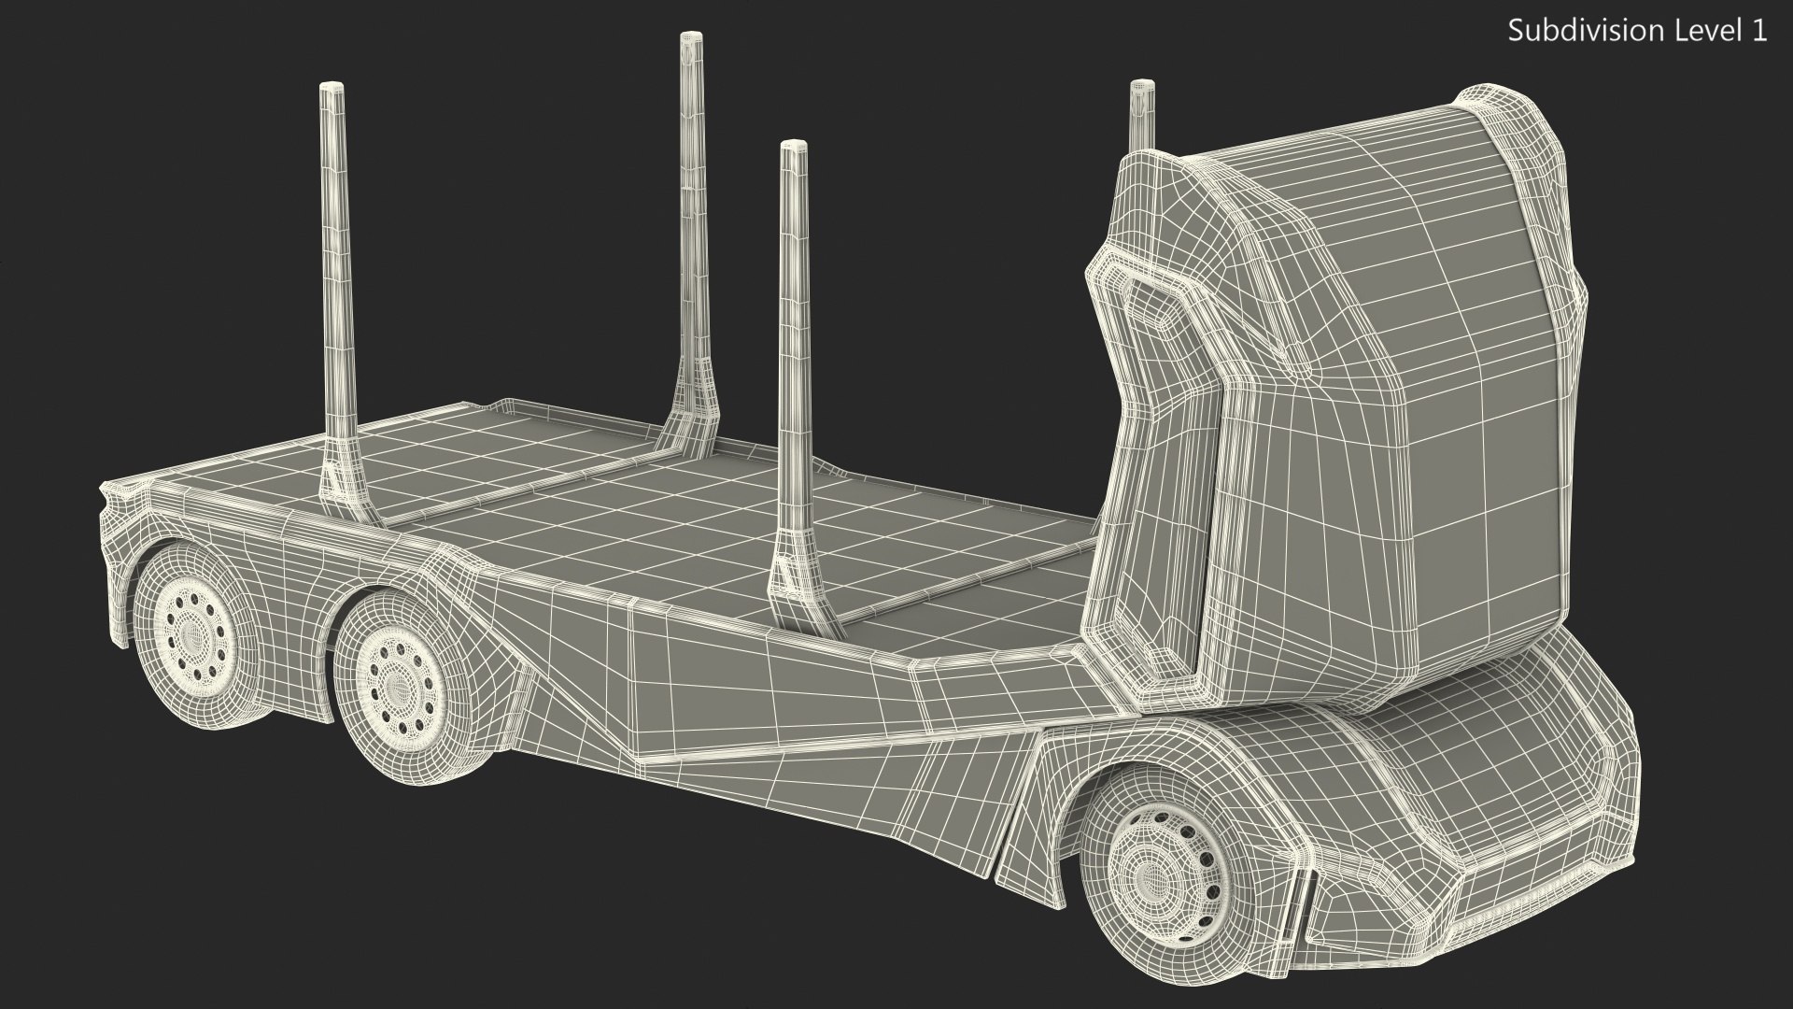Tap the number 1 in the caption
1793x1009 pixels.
click(1758, 31)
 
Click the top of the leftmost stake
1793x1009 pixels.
click(332, 89)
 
